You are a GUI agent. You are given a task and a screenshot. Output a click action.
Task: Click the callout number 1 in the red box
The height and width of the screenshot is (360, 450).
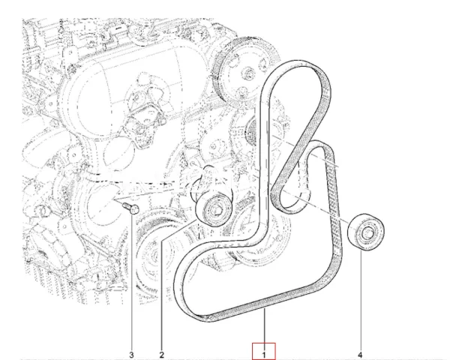265,350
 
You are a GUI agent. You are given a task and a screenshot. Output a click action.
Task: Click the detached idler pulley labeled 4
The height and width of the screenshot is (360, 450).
366,233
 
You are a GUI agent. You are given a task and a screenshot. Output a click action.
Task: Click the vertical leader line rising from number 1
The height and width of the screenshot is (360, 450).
265,326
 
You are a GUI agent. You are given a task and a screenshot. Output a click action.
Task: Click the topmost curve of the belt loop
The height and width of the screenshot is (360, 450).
292,64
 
